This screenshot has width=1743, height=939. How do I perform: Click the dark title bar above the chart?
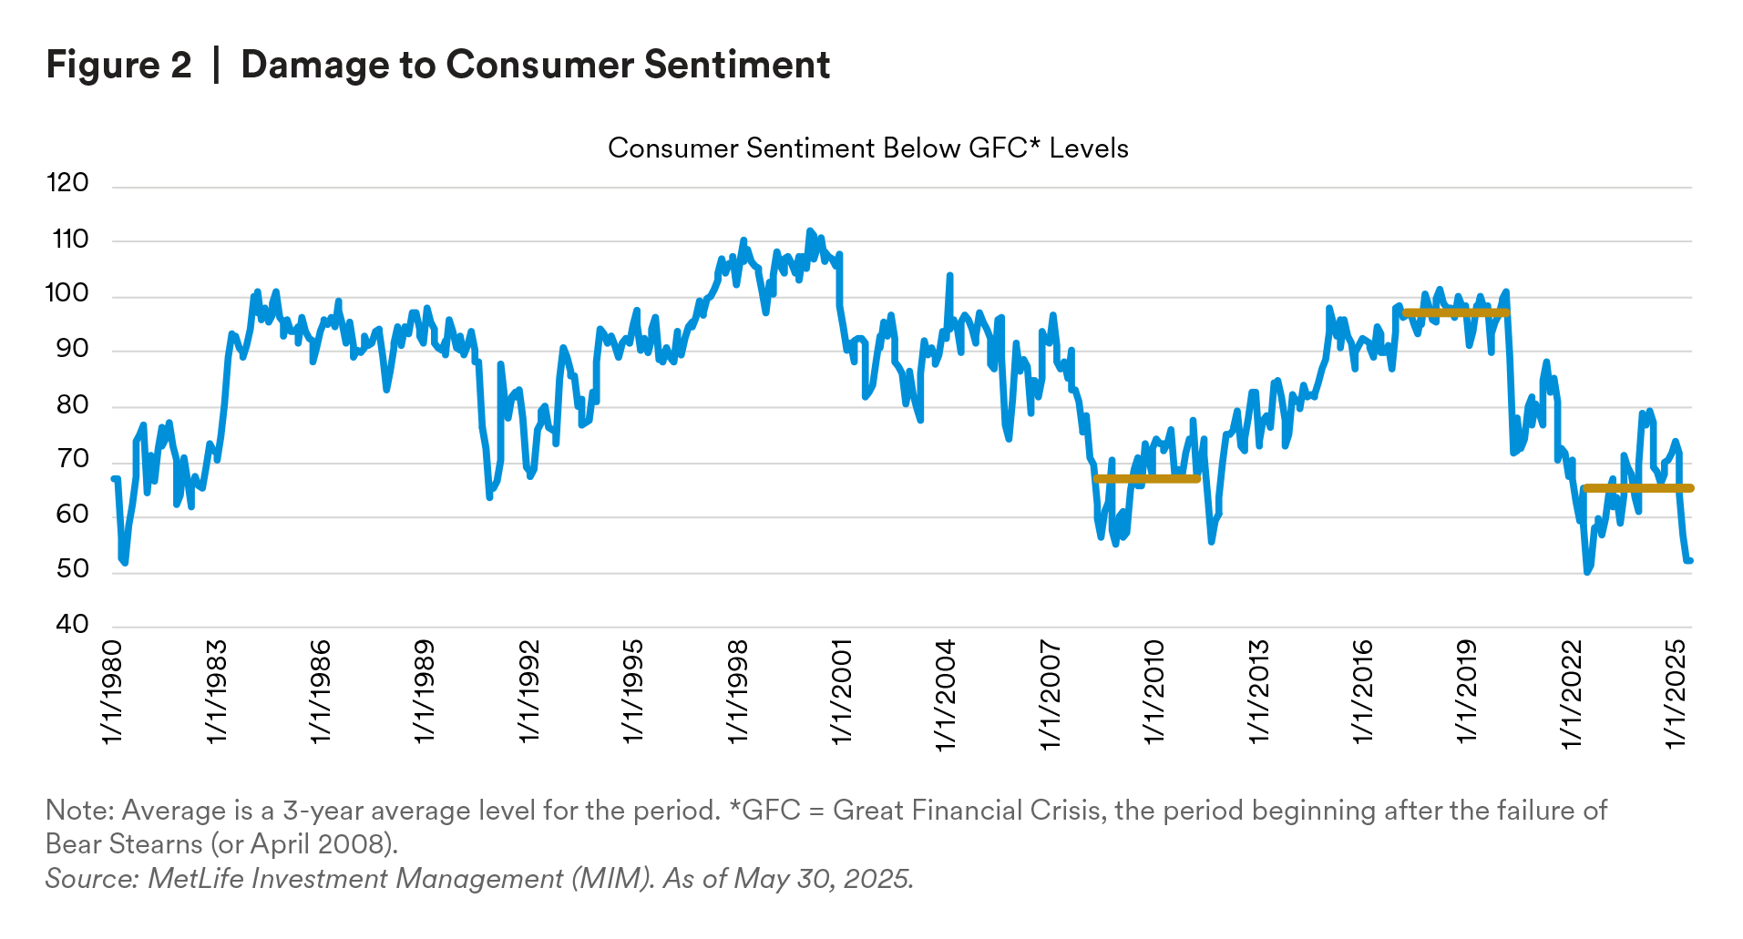click(x=893, y=66)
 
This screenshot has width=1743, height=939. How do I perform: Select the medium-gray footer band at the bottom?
click(x=893, y=852)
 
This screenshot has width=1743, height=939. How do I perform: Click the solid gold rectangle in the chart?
click(x=1174, y=496)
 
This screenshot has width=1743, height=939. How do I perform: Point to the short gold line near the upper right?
click(x=1455, y=312)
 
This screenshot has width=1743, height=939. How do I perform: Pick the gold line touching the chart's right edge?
click(x=1663, y=489)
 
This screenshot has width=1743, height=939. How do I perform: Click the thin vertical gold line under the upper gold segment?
click(x=1502, y=332)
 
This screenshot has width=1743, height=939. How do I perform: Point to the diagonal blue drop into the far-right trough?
click(x=1686, y=537)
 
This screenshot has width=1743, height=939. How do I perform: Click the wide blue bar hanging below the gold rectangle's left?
click(x=1112, y=534)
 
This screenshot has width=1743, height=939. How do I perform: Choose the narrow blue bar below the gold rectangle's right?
click(x=1212, y=534)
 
